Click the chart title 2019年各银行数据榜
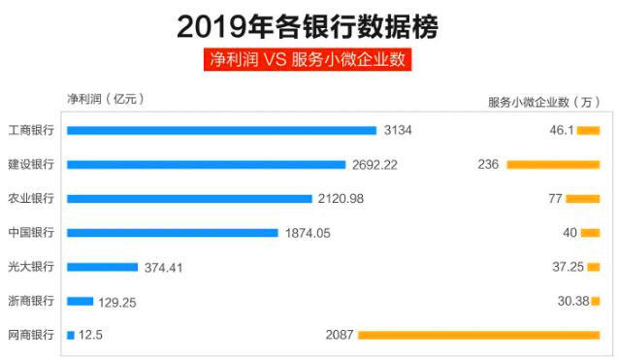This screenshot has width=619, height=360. pos(309,25)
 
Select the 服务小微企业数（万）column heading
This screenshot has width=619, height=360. pos(543,102)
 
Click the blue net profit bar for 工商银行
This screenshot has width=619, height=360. pos(221,130)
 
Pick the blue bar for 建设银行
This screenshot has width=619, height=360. pos(206,164)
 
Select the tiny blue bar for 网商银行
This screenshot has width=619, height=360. pos(71,335)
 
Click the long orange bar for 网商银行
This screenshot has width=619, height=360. pos(478,335)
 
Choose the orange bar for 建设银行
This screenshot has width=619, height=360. pos(553,164)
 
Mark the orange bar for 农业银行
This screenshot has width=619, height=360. pos(583,199)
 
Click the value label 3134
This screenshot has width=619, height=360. pos(398,130)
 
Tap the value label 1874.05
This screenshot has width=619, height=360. pos(308,233)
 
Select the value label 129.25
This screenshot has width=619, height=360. pos(117,302)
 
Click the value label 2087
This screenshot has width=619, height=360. pos(340,335)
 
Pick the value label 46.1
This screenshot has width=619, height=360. pos(563,130)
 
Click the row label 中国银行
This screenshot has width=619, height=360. pos(30,233)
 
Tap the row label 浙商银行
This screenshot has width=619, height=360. pos(30,301)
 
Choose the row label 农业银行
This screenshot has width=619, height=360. pos(30,199)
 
